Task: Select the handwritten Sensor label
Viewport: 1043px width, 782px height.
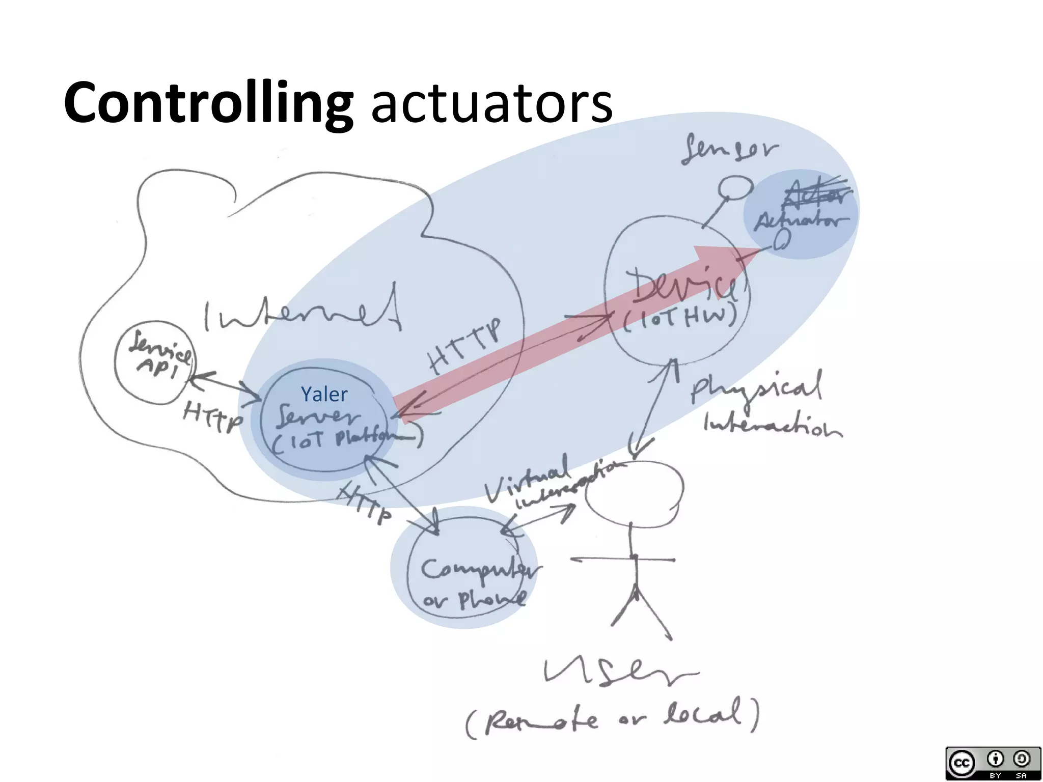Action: point(730,149)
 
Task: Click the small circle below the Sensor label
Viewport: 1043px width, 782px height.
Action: point(735,187)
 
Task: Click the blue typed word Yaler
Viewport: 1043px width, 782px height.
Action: point(324,394)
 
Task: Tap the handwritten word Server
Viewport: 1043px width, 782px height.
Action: point(318,415)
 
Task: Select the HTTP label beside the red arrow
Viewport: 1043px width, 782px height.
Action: point(465,346)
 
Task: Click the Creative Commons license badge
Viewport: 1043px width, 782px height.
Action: point(993,762)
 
